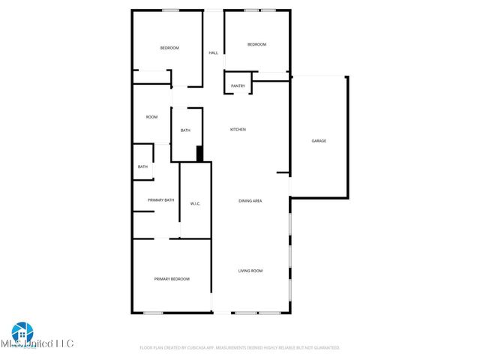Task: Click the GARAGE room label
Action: coord(319,141)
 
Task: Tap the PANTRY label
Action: coord(238,86)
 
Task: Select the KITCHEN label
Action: coord(238,130)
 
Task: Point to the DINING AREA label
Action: coord(250,201)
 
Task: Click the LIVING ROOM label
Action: coord(250,271)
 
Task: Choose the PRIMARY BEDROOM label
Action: coord(172,279)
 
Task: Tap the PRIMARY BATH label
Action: coord(160,200)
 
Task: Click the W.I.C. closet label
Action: coord(195,204)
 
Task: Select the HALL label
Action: coord(213,52)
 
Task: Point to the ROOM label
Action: coord(151,117)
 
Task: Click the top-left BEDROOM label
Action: coord(169,48)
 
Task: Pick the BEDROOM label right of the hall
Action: coord(256,44)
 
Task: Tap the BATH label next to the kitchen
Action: coord(185,130)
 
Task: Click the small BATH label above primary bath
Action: coord(142,166)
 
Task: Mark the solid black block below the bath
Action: coord(199,153)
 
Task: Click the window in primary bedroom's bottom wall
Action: coord(154,313)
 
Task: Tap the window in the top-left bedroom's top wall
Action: coord(170,10)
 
